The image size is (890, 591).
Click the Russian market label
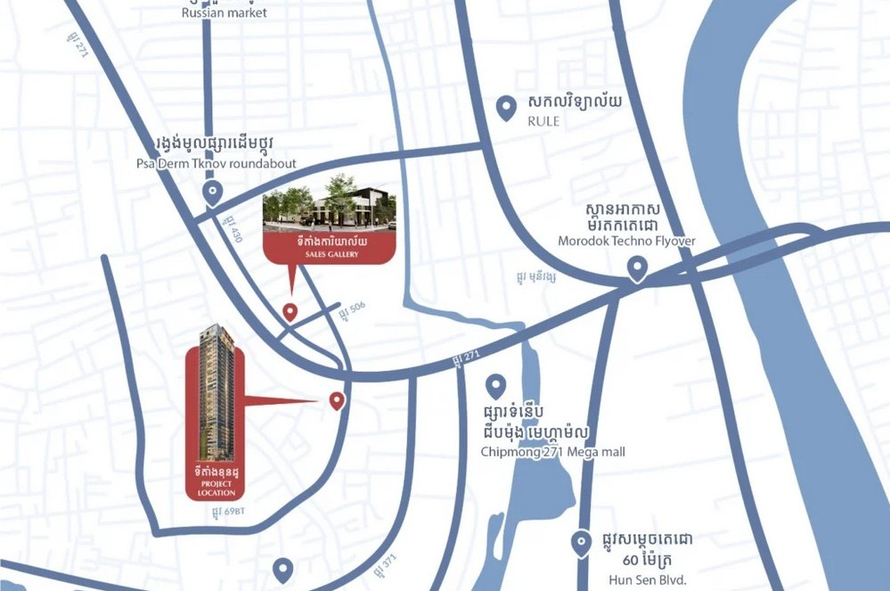click(x=224, y=12)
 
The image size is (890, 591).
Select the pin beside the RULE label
click(x=506, y=108)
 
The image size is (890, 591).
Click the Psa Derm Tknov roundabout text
click(x=216, y=164)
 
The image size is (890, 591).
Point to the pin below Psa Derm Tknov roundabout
click(x=212, y=192)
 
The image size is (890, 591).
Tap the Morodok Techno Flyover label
click(x=625, y=241)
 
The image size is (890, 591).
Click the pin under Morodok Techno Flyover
click(x=637, y=267)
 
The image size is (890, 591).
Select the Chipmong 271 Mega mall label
click(x=552, y=452)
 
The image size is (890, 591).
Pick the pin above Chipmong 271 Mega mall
click(x=495, y=386)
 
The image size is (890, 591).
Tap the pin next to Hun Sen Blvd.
click(x=581, y=542)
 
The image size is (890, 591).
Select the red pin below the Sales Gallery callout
click(x=290, y=311)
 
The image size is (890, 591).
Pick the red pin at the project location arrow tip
click(x=337, y=400)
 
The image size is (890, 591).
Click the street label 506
click(x=352, y=308)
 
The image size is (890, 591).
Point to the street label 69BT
click(x=228, y=513)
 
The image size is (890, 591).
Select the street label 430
click(x=234, y=229)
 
